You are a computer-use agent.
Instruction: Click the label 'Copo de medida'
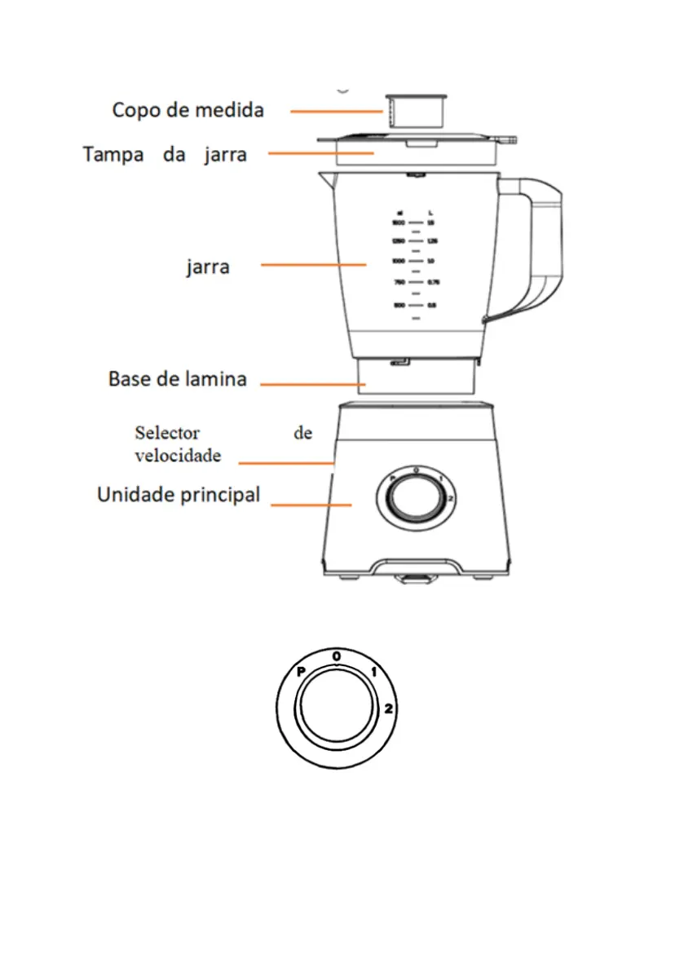[188, 110]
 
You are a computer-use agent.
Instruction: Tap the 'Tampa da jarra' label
[165, 154]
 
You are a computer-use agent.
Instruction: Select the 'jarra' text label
[207, 267]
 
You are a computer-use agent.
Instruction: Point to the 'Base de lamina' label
[177, 379]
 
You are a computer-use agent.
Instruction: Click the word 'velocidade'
[178, 456]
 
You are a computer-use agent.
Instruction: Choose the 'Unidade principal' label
[179, 495]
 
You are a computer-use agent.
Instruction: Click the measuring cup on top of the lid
[417, 112]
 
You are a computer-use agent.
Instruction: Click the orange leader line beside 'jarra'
[313, 264]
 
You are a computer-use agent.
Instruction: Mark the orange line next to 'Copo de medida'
[336, 111]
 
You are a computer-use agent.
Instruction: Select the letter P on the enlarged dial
[301, 672]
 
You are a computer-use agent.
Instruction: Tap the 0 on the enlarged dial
[337, 655]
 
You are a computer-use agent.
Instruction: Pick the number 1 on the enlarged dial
[374, 673]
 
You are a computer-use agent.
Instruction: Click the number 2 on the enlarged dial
[389, 709]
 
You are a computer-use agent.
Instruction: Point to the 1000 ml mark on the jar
[399, 261]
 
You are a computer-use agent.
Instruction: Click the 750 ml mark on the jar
[399, 283]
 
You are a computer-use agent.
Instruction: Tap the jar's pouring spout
[325, 177]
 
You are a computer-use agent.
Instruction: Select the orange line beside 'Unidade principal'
[311, 505]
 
